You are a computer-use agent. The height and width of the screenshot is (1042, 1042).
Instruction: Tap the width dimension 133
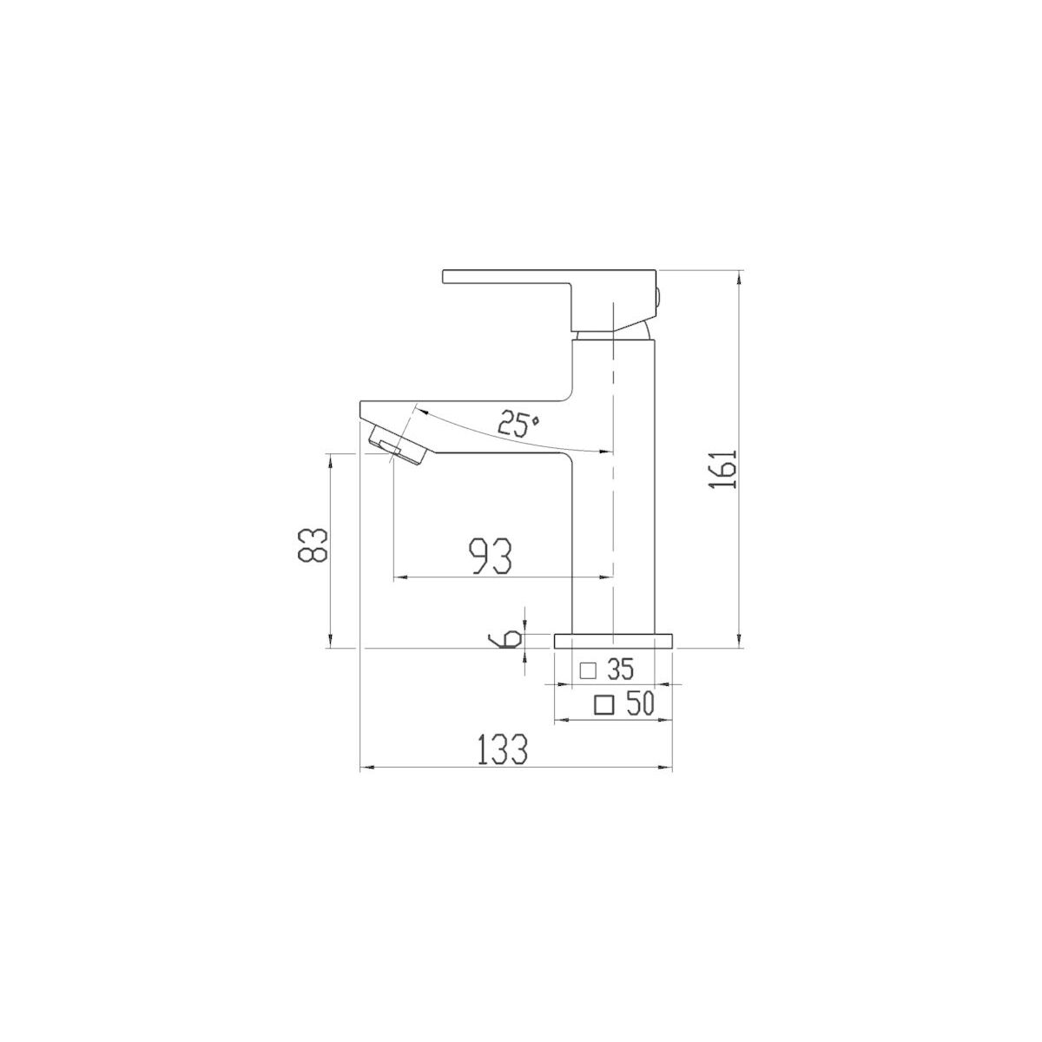[502, 749]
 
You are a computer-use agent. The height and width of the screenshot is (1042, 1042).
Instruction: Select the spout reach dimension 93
[491, 557]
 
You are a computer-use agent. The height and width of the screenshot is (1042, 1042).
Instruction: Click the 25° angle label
[518, 424]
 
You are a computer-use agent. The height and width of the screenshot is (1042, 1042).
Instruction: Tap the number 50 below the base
[641, 703]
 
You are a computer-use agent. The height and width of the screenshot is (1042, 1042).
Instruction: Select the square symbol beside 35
[587, 671]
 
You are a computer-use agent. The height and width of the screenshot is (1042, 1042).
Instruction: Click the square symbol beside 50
[604, 704]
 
